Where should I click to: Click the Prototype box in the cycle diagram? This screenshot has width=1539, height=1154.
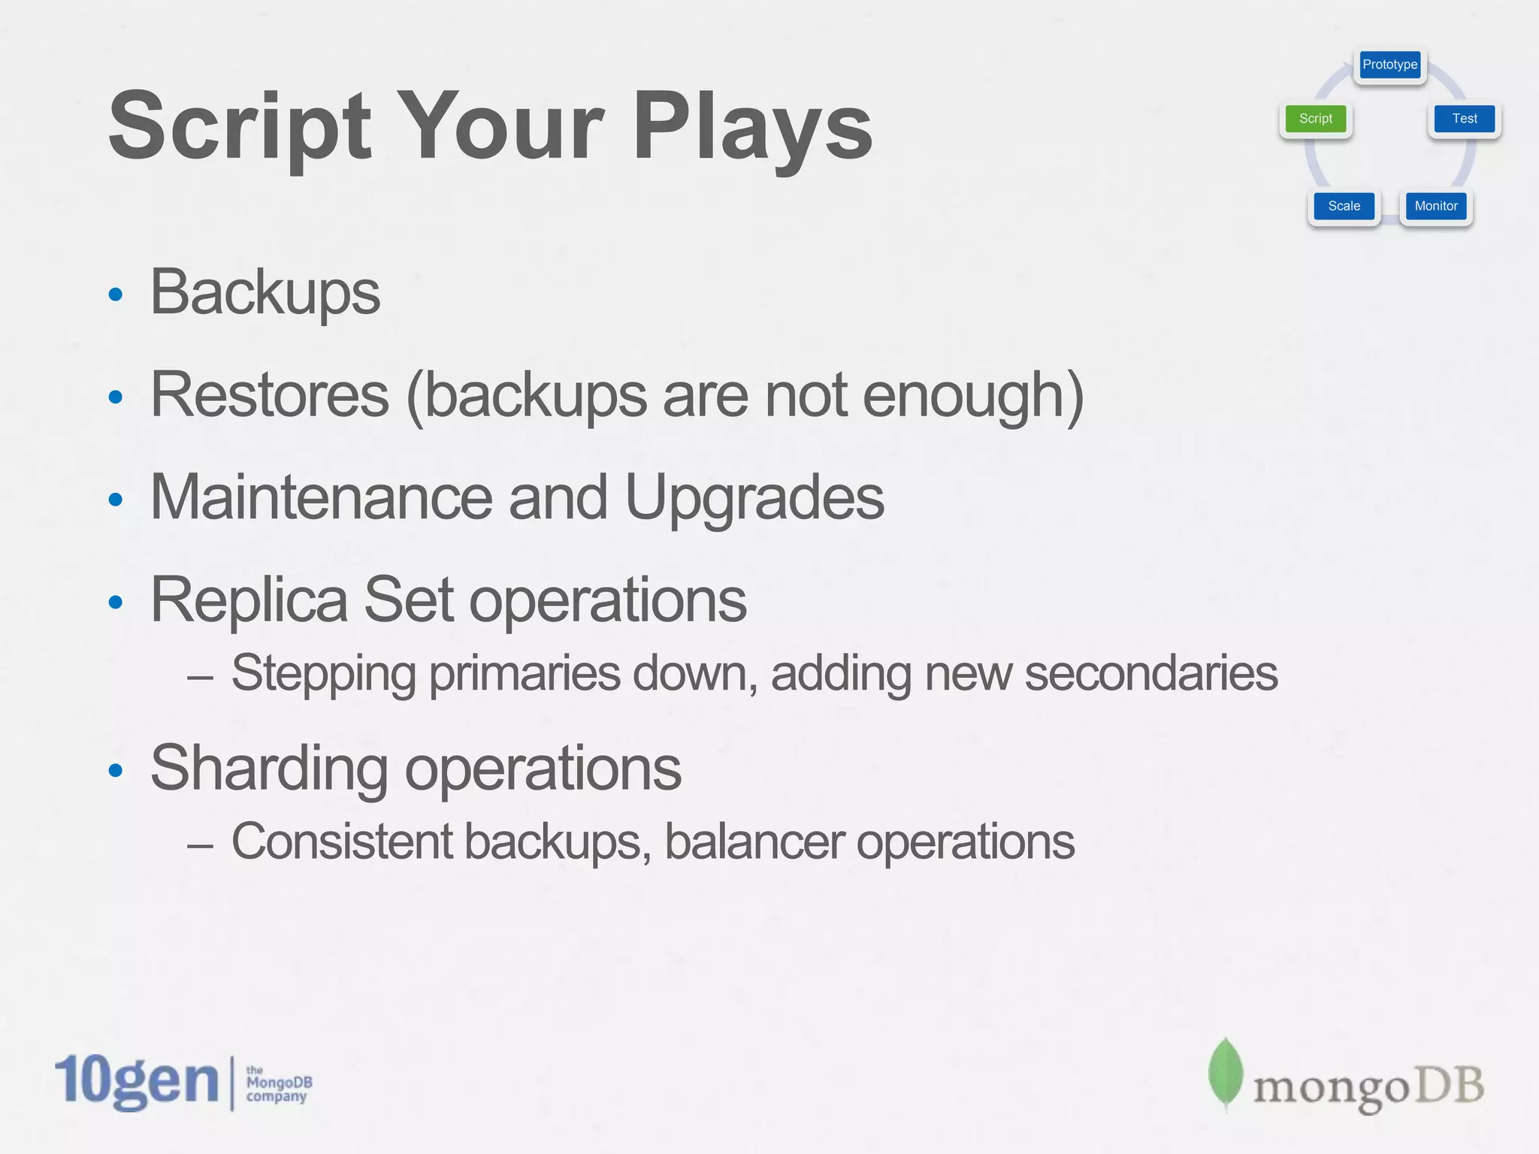(1389, 65)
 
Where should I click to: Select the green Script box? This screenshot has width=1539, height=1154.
(1315, 119)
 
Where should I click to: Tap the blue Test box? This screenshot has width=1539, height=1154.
(1464, 119)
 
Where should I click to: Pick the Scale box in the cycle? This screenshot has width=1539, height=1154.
(1344, 206)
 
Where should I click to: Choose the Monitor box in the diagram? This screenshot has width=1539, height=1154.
(1435, 206)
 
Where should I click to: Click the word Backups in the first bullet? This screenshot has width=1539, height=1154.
(265, 293)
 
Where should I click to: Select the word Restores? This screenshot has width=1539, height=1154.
(270, 395)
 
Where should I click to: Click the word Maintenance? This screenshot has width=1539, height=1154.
(322, 497)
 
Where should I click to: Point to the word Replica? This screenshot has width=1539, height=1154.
(249, 600)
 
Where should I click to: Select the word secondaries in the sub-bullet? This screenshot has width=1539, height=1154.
(1150, 673)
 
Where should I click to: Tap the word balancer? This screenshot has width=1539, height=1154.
(754, 841)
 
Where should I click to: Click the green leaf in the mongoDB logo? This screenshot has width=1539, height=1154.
(1225, 1074)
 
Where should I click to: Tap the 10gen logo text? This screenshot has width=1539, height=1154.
(137, 1081)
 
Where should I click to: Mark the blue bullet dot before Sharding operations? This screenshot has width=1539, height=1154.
(115, 770)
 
